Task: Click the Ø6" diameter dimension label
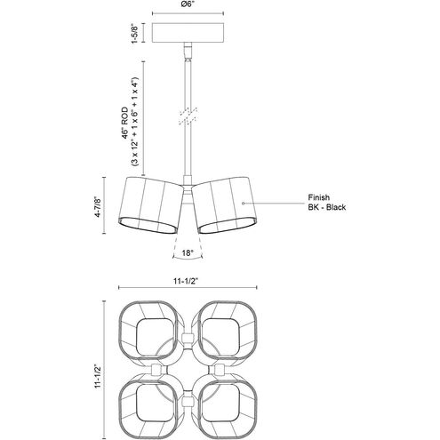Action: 188,4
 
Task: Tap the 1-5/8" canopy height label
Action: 135,33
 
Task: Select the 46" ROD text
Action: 125,123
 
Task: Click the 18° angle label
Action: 188,252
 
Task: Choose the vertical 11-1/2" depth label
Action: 98,376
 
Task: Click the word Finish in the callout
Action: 318,197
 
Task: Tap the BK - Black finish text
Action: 326,207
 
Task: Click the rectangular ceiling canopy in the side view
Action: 188,32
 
